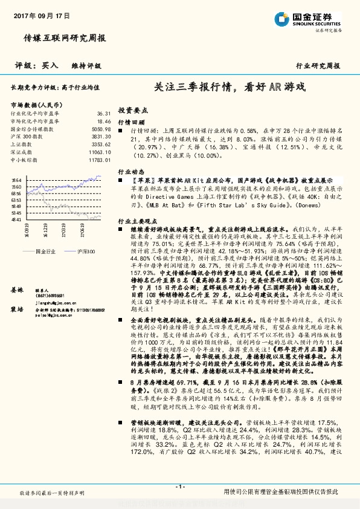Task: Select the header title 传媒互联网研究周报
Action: pos(65,38)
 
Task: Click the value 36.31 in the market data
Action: pos(103,113)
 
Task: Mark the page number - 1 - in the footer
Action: pos(179,487)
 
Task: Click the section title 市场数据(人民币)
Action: pos(36,105)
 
